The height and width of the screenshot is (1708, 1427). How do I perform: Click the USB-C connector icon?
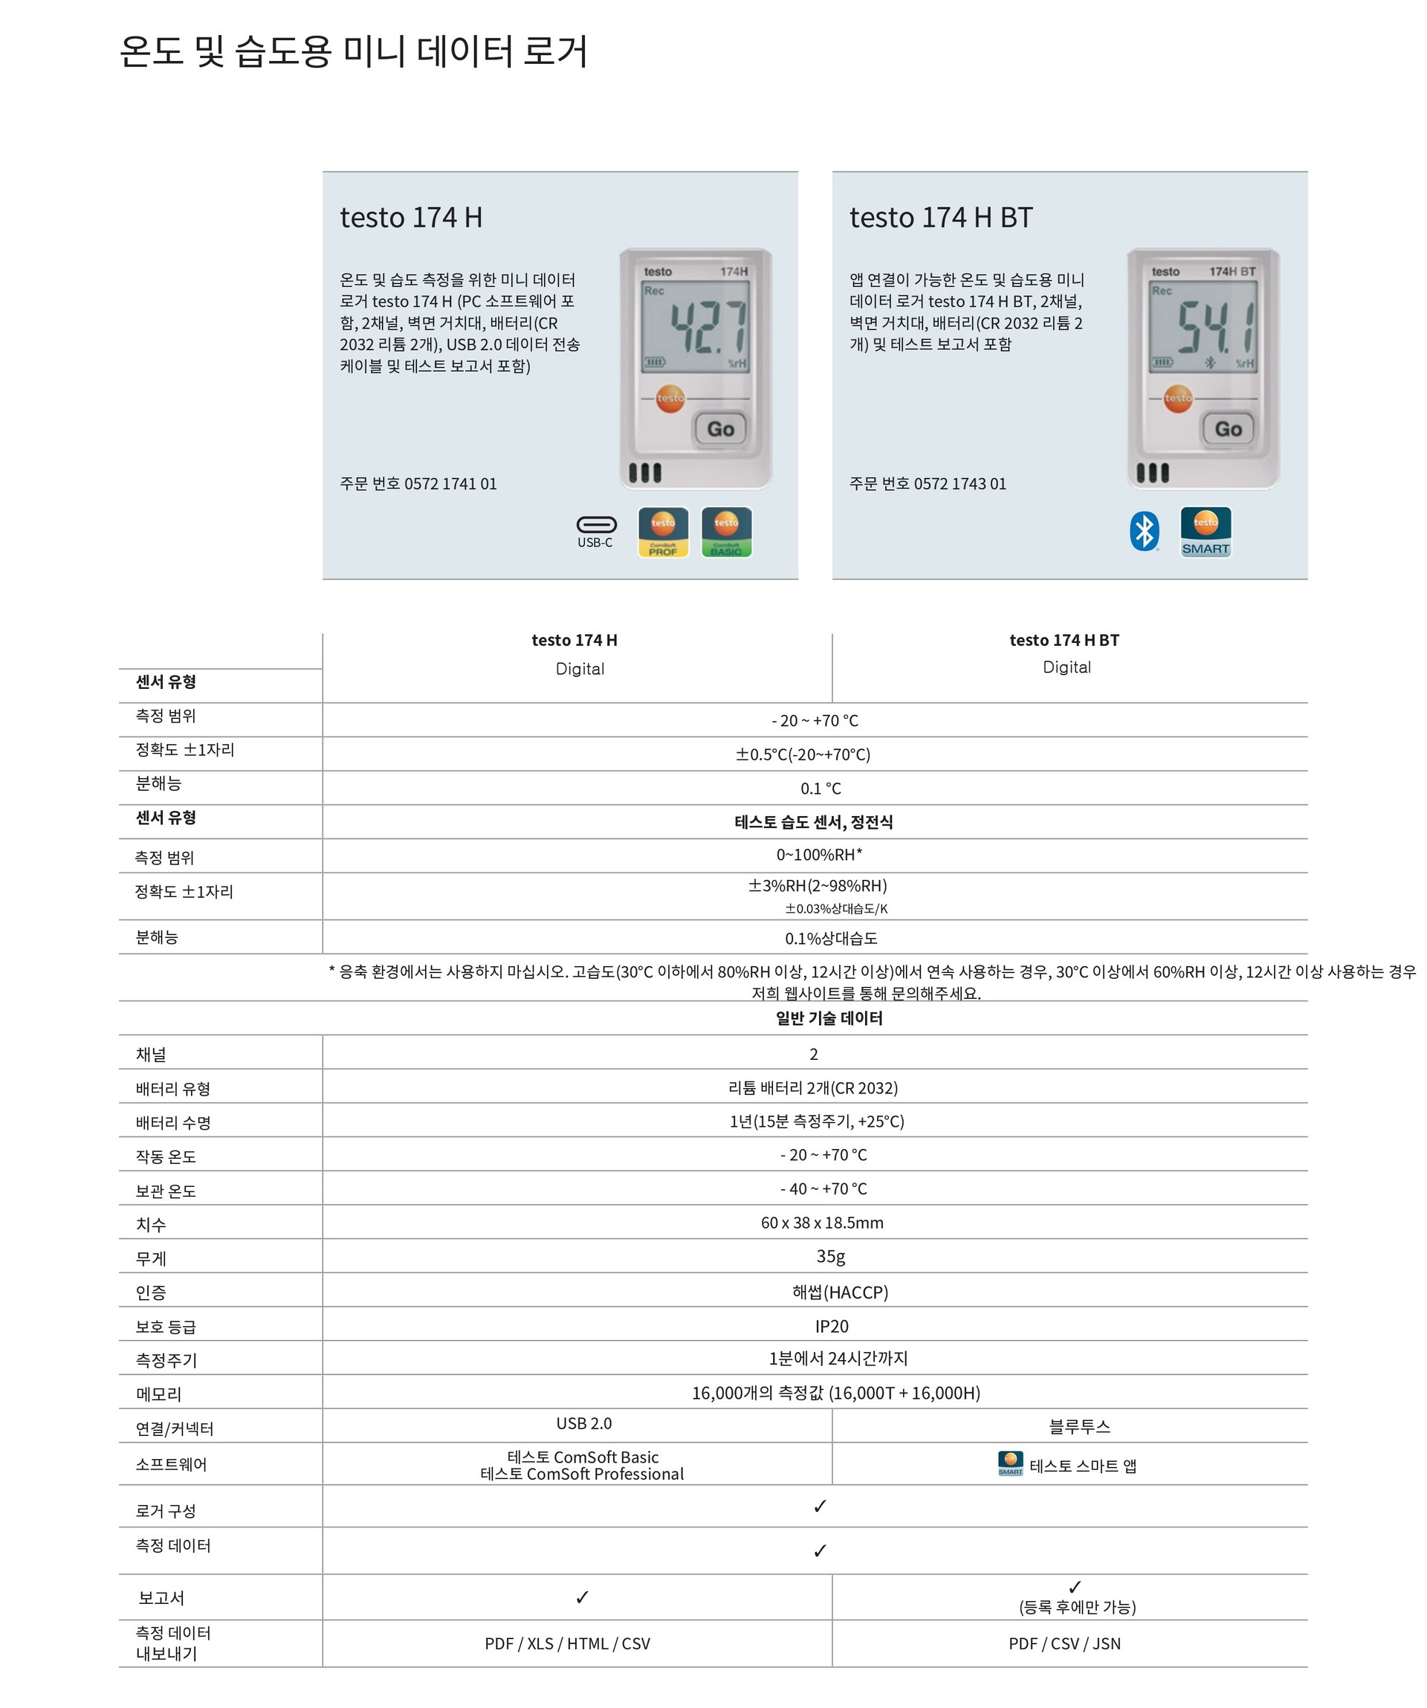596,525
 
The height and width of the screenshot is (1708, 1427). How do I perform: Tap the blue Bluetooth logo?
1145,532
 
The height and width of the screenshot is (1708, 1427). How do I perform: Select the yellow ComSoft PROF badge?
663,532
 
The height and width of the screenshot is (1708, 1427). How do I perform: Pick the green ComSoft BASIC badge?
726,532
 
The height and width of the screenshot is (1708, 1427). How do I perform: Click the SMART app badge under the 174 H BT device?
1206,532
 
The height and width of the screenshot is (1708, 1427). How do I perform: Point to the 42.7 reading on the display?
707,327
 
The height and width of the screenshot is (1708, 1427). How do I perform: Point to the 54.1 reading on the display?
1214,327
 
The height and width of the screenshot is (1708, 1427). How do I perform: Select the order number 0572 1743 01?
960,484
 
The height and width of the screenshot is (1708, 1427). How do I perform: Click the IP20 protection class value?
831,1327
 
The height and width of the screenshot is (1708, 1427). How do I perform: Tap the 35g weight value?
830,1258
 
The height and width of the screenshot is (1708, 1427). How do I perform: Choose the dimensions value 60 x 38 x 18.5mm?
821,1223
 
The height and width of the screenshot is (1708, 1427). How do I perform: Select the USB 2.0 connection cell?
584,1423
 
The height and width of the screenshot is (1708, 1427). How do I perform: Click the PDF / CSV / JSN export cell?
1064,1644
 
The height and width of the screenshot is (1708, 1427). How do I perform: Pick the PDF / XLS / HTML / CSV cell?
568,1644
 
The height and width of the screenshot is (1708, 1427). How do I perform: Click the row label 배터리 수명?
173,1123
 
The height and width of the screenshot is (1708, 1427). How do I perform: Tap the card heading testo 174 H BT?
941,217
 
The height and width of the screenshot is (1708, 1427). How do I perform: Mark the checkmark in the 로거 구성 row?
820,1507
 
